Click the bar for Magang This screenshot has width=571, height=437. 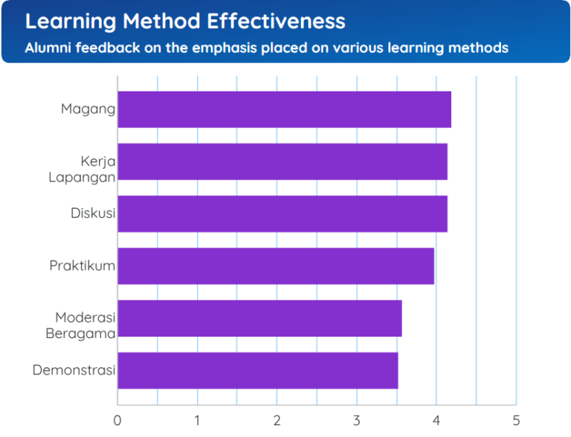point(284,109)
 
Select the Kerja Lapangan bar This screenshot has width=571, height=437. point(283,161)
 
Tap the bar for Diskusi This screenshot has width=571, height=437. point(283,213)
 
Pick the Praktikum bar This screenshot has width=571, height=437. point(276,266)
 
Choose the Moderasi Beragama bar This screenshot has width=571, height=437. point(259,318)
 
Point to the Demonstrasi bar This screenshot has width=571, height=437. point(258,370)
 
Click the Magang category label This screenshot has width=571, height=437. point(88,109)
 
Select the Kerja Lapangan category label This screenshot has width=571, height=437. point(82,169)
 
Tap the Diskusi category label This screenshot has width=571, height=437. point(93,213)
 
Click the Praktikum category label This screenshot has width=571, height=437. point(83,266)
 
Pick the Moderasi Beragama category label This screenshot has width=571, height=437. point(80,326)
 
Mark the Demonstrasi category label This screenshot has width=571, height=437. point(74,370)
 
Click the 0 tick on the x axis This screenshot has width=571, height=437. point(117,420)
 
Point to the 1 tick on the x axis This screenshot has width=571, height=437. point(197,420)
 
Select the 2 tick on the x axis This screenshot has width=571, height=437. point(277,420)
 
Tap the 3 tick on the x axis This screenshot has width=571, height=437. point(356,420)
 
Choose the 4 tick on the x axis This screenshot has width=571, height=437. point(436,420)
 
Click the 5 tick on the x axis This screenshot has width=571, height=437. point(515,420)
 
